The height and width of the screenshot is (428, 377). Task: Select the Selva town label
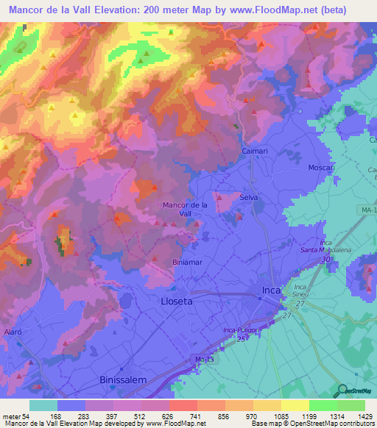point(250,197)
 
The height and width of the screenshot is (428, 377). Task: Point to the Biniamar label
point(186,262)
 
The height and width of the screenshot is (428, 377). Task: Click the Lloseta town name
point(177,301)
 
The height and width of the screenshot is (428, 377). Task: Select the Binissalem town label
point(124,380)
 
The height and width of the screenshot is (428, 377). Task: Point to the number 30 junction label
point(325,260)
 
